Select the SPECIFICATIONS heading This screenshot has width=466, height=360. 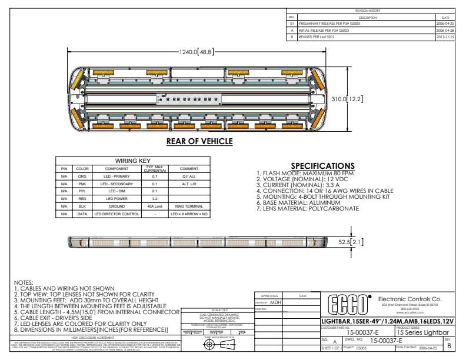tap(323, 166)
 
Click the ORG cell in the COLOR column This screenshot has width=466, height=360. tap(82, 175)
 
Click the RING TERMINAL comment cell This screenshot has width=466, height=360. tap(189, 206)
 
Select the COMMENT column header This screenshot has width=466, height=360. tap(189, 168)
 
